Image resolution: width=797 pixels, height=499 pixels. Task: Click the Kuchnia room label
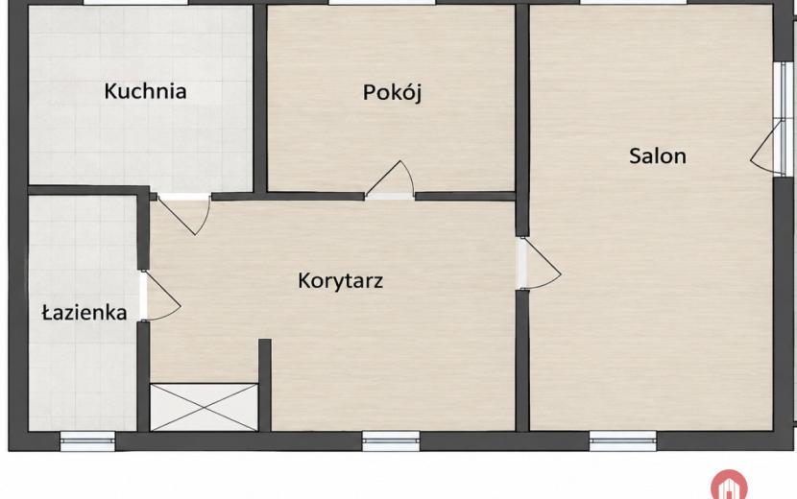click(x=145, y=91)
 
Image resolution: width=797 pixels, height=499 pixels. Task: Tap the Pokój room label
click(x=392, y=92)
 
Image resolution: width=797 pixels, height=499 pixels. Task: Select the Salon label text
click(x=657, y=155)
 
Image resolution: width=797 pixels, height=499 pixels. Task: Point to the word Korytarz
click(x=340, y=280)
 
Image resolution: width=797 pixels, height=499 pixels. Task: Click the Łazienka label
click(x=84, y=312)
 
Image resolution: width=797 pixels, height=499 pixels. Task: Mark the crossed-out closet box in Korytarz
click(x=204, y=407)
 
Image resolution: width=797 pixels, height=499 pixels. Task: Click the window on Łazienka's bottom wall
click(x=87, y=441)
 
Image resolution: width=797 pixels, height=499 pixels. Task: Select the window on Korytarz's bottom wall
click(x=391, y=441)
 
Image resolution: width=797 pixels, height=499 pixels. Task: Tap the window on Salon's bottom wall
click(x=622, y=441)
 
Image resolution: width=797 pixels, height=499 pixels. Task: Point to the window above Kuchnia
click(x=135, y=3)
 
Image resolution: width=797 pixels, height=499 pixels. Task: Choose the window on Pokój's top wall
click(x=382, y=3)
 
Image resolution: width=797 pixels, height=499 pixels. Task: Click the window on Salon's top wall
click(x=633, y=3)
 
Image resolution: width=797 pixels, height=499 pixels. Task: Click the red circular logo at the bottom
click(x=729, y=485)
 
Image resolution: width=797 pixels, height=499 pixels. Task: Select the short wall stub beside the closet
click(x=264, y=385)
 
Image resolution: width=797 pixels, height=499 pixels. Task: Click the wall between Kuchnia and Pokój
click(x=260, y=99)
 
